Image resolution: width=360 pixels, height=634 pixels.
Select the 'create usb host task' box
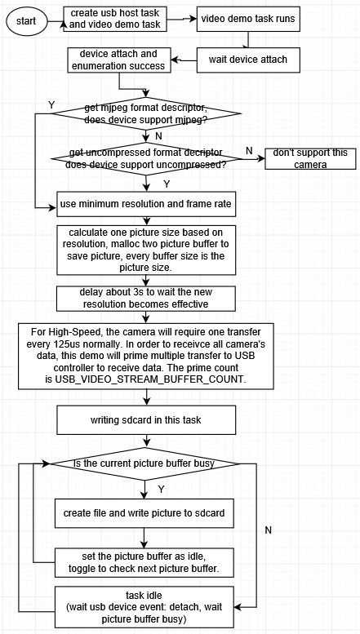116,18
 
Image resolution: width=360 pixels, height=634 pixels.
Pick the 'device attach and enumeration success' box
119,58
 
